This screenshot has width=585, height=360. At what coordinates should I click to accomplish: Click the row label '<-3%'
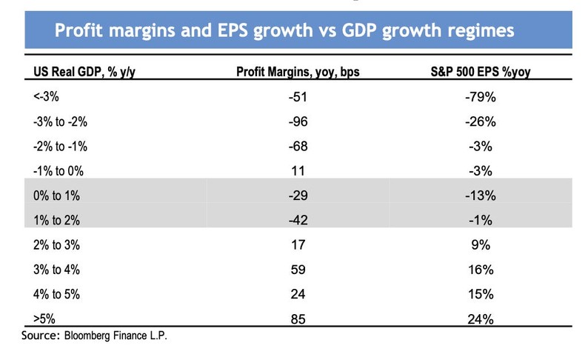pyautogui.click(x=44, y=96)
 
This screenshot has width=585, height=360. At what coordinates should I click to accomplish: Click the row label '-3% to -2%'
pyautogui.click(x=58, y=121)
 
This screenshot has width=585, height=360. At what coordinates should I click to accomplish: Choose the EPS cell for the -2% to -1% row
pyautogui.click(x=482, y=146)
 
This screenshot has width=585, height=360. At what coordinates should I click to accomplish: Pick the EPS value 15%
pyautogui.click(x=482, y=295)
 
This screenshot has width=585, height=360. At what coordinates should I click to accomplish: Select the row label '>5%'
pyautogui.click(x=44, y=319)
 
